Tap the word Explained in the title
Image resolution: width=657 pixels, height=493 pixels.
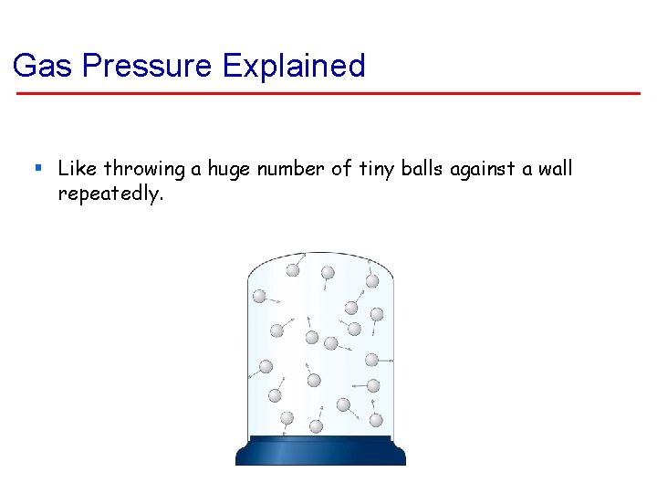pyautogui.click(x=294, y=66)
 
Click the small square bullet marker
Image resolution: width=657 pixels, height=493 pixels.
pyautogui.click(x=37, y=168)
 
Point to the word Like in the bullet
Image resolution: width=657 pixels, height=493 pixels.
pyautogui.click(x=77, y=168)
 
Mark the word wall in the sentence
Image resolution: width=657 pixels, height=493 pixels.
pyautogui.click(x=553, y=168)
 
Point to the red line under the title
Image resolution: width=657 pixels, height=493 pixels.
pyautogui.click(x=328, y=93)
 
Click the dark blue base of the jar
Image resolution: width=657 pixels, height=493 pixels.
pyautogui.click(x=320, y=451)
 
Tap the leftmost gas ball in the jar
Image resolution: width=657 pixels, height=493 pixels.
pyautogui.click(x=259, y=296)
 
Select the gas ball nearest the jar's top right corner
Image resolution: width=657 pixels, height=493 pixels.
pyautogui.click(x=372, y=281)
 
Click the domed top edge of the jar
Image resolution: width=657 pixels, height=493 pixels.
pyautogui.click(x=320, y=254)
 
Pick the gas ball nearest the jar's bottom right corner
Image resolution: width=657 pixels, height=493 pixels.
pyautogui.click(x=376, y=419)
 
